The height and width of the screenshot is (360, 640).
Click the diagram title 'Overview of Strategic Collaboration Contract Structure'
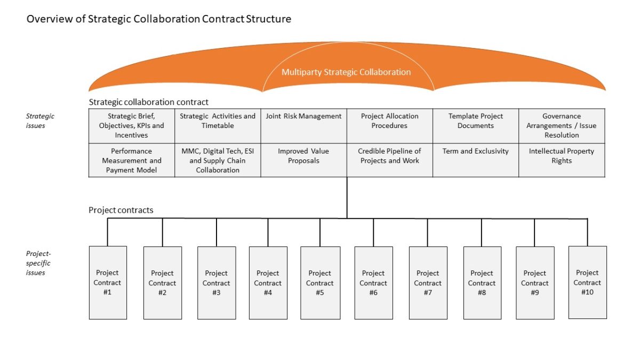[159, 19]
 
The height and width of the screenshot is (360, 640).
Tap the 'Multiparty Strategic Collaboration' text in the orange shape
[346, 72]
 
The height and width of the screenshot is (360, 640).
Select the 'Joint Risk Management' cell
[303, 125]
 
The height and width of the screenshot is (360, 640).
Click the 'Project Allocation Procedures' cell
[389, 125]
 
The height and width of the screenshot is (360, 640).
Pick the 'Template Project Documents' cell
[475, 125]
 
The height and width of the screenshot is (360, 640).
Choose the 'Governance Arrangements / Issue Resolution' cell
[562, 125]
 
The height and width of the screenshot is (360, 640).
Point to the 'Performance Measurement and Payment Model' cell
[131, 161]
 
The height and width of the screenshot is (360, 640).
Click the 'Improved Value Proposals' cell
[303, 160]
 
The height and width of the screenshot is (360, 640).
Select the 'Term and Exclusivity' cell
[475, 160]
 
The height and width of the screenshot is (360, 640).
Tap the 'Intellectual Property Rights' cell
[562, 160]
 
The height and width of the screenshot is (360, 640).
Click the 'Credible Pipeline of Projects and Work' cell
[389, 160]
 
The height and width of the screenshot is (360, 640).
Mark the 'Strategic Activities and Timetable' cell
[218, 125]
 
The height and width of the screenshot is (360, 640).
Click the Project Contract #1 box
[108, 283]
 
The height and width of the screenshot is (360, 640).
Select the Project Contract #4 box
[268, 283]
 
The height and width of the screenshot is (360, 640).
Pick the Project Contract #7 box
[428, 283]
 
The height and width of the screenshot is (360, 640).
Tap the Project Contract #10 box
[587, 282]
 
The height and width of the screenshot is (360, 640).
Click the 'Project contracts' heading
[121, 210]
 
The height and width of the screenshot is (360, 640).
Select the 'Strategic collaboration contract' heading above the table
[148, 102]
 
